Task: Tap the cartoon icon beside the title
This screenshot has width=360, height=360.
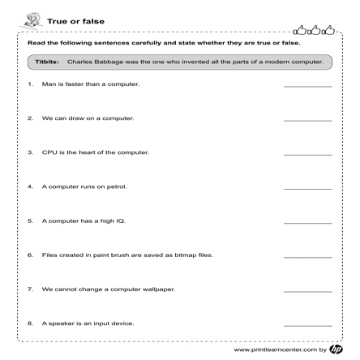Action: [34, 19]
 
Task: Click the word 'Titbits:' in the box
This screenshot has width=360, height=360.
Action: [47, 62]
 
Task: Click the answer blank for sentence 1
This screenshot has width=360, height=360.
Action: [307, 86]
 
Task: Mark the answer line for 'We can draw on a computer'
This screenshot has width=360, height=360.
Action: [307, 120]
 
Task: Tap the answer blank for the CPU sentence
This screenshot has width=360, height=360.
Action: [307, 154]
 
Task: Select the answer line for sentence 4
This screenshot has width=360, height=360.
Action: [307, 188]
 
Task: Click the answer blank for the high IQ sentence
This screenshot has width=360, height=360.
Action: [307, 222]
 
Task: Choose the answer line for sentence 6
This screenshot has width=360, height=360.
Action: [307, 256]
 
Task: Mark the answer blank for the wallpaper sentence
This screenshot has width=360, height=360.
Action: [307, 290]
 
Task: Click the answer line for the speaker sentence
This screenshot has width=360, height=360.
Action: [307, 324]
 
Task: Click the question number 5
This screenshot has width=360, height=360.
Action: [31, 221]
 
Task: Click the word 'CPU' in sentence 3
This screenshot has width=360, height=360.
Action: [50, 152]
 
